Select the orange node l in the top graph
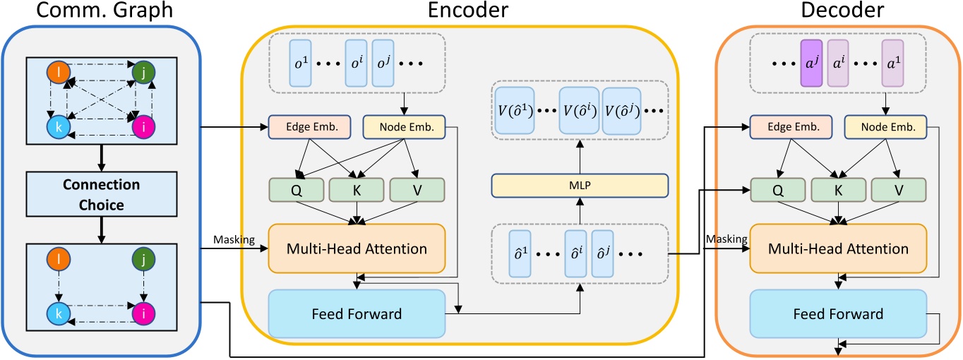click(57, 73)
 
